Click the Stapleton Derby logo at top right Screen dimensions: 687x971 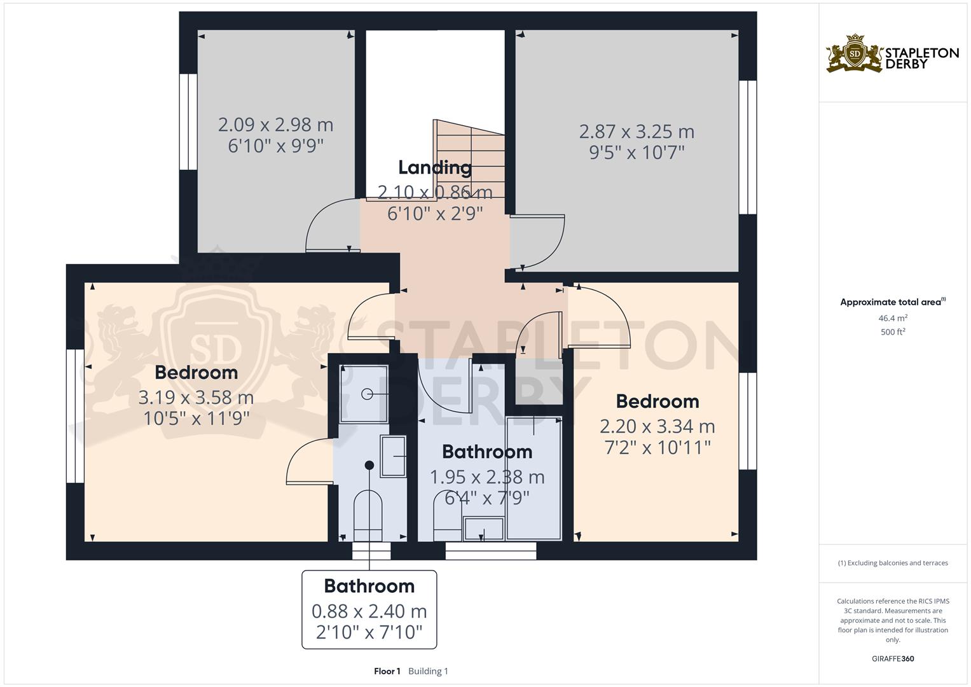click(892, 54)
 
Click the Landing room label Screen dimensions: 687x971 click(435, 167)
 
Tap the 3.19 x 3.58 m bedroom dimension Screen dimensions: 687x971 click(196, 398)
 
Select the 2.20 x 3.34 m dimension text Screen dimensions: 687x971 click(658, 426)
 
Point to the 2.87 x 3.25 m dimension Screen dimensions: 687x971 click(637, 132)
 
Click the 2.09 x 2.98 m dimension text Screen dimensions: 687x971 click(275, 125)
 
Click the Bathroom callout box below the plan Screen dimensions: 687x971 click(369, 609)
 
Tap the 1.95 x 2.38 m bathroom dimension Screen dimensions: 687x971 click(487, 476)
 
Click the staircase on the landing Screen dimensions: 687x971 click(469, 159)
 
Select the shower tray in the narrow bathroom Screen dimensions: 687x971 click(364, 394)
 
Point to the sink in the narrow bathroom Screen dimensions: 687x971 click(393, 456)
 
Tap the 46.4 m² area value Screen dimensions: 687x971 click(893, 318)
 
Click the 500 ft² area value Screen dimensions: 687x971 click(893, 332)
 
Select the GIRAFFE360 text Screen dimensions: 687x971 click(893, 658)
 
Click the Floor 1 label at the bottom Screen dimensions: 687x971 click(387, 671)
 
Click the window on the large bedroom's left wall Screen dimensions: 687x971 click(75, 415)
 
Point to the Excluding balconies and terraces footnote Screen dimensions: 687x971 click(893, 563)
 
